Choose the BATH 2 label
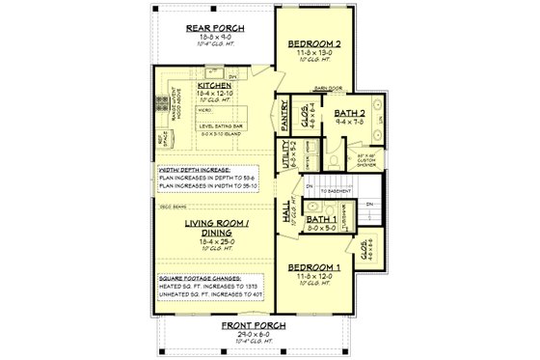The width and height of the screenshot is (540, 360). coord(347,114)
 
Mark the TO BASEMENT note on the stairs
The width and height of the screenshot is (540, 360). coord(336,192)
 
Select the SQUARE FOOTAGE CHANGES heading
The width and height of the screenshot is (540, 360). coord(201,278)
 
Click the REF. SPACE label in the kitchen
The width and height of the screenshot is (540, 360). coord(161,140)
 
